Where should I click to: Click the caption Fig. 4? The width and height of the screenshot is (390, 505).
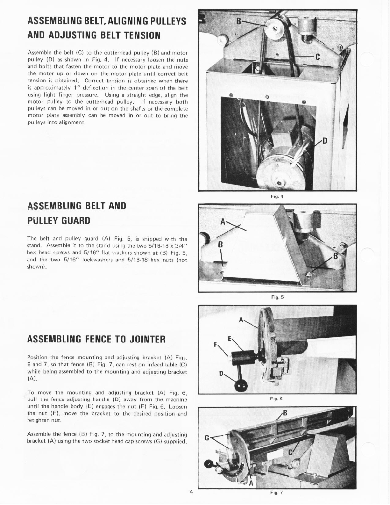pos(277,196)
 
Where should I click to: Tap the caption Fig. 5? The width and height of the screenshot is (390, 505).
pos(277,297)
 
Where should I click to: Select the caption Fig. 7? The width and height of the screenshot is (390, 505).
pos(276,492)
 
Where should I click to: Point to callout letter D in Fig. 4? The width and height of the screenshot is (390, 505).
pos(325,141)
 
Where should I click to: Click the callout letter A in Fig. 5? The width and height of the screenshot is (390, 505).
pos(223,222)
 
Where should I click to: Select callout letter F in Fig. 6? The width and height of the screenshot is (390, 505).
pos(216,344)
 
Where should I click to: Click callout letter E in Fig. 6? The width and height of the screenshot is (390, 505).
pos(230,339)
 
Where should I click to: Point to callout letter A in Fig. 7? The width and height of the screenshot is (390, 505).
pos(251,483)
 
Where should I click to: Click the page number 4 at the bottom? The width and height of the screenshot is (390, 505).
pos(191,492)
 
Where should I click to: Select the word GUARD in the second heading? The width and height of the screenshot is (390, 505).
pos(75,220)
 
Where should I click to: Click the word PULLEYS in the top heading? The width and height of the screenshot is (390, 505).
pos(168,21)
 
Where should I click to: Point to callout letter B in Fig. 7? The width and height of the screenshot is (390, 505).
pos(285,413)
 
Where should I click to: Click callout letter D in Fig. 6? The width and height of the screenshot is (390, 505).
pos(221,373)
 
